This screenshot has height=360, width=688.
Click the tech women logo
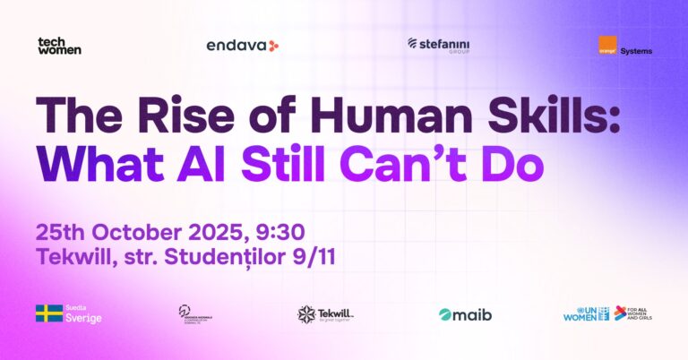(x=59, y=46)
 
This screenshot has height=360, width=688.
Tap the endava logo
(x=243, y=45)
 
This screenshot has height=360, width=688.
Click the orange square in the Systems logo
(x=607, y=46)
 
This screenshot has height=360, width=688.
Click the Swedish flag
(x=48, y=313)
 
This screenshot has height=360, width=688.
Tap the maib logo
(x=465, y=314)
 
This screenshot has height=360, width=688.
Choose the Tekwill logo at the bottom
(x=325, y=313)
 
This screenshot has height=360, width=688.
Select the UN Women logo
(x=585, y=313)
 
